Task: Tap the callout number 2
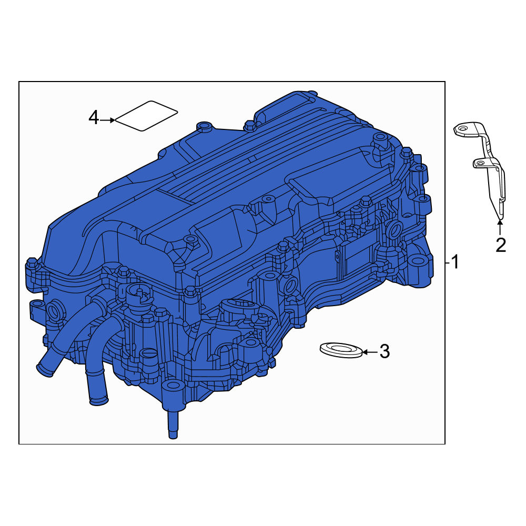pos(501,245)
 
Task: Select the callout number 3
pos(385,351)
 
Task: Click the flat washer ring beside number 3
pos(341,350)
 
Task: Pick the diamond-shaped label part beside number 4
pos(146,116)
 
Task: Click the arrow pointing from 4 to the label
pos(107,120)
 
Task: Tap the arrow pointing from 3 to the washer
pos(370,352)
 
